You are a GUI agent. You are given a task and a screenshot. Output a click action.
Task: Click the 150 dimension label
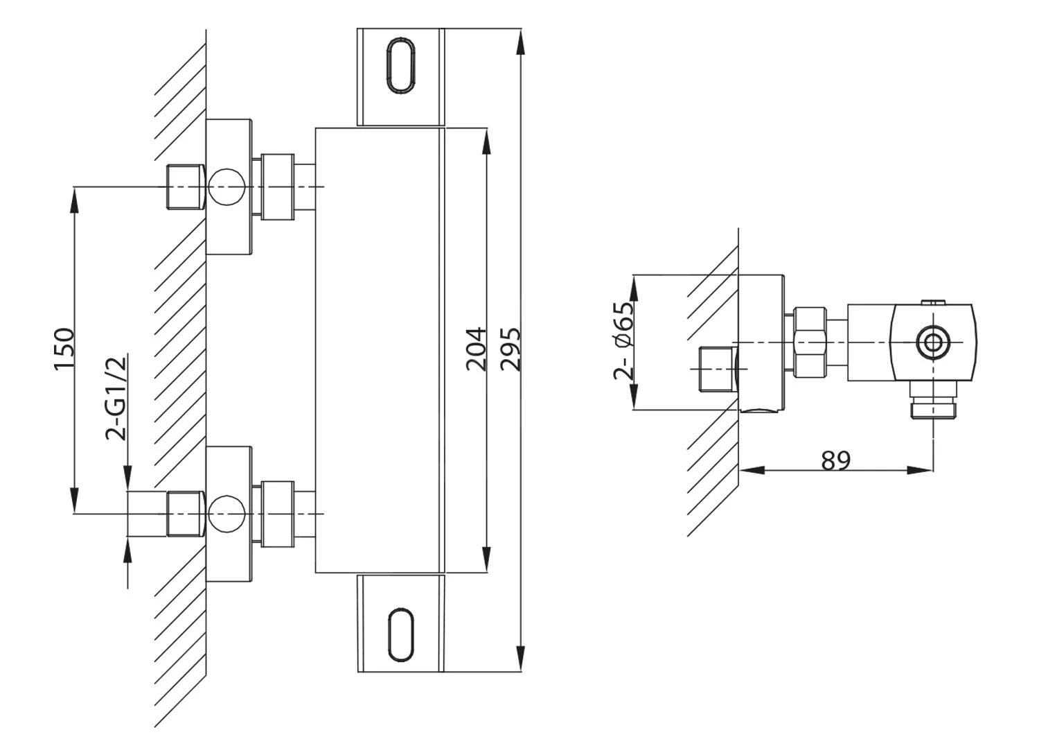click(x=64, y=350)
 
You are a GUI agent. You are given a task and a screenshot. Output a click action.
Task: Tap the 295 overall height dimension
click(x=510, y=349)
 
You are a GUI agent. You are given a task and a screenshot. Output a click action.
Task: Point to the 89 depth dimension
click(x=835, y=460)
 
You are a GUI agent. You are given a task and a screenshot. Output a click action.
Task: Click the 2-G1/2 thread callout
click(x=116, y=398)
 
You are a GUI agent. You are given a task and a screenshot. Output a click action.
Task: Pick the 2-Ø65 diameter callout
click(x=624, y=340)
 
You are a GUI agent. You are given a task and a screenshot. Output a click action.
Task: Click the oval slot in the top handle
click(x=401, y=66)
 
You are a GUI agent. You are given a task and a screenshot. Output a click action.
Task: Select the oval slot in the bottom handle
click(x=401, y=634)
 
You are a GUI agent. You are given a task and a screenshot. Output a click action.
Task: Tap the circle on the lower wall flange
click(x=227, y=514)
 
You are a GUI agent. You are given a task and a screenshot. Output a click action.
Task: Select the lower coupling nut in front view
click(x=278, y=514)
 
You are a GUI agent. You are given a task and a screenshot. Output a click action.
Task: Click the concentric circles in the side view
click(x=933, y=342)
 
